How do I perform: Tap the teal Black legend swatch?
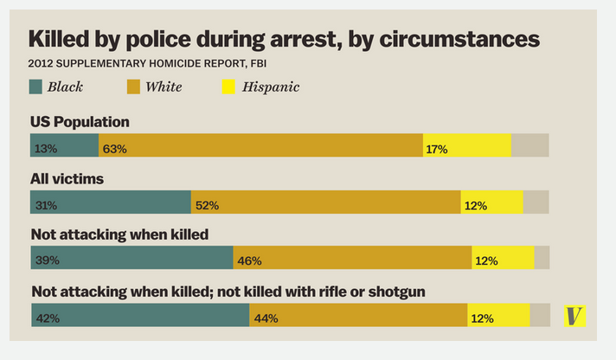click(x=35, y=87)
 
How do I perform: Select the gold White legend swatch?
click(x=133, y=87)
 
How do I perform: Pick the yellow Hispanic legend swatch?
click(x=229, y=87)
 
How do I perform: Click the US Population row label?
click(x=80, y=122)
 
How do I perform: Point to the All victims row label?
click(x=67, y=179)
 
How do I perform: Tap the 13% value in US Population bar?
click(x=46, y=149)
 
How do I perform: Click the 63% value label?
click(x=114, y=149)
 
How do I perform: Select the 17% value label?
click(x=436, y=149)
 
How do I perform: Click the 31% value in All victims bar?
click(x=46, y=205)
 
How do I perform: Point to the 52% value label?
click(x=207, y=205)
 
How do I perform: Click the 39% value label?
click(x=46, y=260)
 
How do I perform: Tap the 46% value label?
click(x=249, y=260)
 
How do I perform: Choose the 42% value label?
click(x=47, y=318)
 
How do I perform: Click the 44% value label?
click(x=266, y=318)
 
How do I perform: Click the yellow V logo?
click(x=574, y=316)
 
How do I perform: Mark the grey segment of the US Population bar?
click(x=529, y=145)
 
